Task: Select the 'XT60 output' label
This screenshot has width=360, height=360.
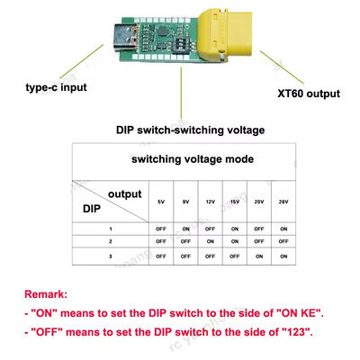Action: (310, 93)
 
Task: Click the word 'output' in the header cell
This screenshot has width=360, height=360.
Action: (124, 193)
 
